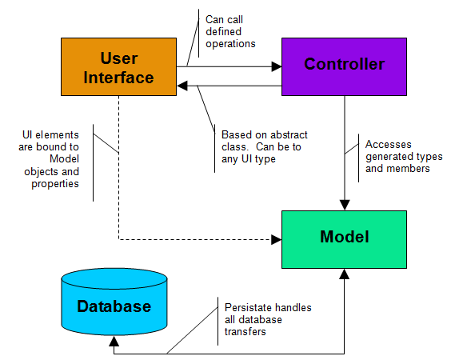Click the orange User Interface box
pyautogui.click(x=118, y=67)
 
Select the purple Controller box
pyautogui.click(x=344, y=65)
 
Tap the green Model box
pyautogui.click(x=344, y=238)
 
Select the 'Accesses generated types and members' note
pyautogui.click(x=397, y=157)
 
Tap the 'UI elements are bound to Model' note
pyautogui.click(x=51, y=160)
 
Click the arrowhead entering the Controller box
pyautogui.click(x=277, y=67)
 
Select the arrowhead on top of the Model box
pyautogui.click(x=344, y=205)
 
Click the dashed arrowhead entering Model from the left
pyautogui.click(x=276, y=238)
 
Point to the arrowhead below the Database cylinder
pyautogui.click(x=114, y=341)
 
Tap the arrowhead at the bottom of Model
pyautogui.click(x=344, y=274)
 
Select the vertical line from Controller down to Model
pyautogui.click(x=344, y=152)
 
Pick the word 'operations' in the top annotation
pyautogui.click(x=231, y=43)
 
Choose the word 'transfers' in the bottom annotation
pyautogui.click(x=245, y=331)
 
